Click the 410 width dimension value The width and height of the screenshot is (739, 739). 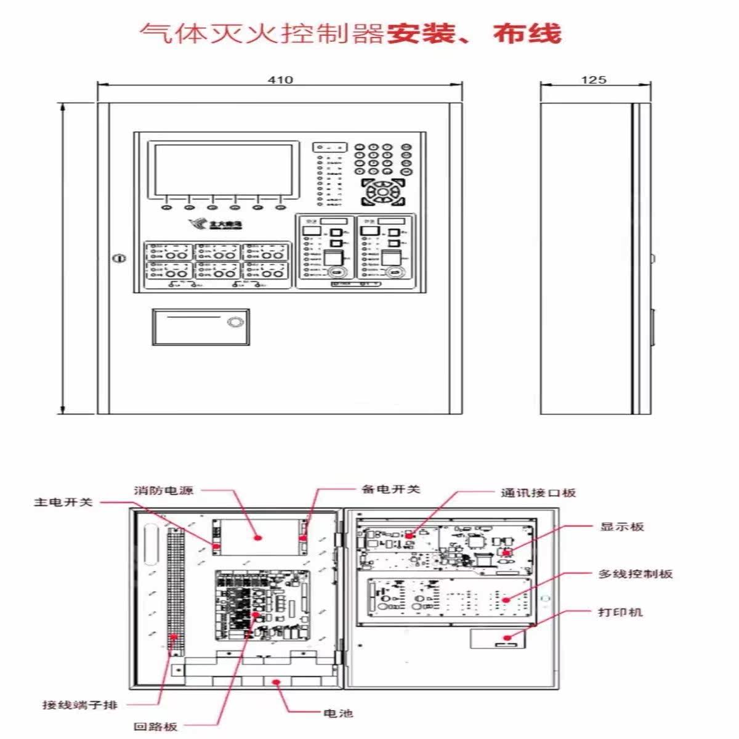point(280,79)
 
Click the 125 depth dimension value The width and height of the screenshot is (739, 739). point(593,79)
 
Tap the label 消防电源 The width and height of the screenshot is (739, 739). point(163,491)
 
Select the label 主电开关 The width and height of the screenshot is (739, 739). point(63,503)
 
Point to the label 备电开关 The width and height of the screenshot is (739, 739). point(390,490)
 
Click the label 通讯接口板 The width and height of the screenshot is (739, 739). point(538,493)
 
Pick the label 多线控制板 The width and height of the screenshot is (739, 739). point(636,574)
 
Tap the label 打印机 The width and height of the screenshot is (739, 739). point(620,612)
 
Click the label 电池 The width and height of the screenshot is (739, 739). point(338,713)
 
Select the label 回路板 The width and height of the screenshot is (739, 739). point(155,727)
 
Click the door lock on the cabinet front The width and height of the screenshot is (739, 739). point(119,258)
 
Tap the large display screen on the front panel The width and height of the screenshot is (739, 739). point(222,169)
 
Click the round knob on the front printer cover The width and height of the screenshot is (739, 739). point(235,322)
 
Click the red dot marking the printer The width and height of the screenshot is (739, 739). point(507,638)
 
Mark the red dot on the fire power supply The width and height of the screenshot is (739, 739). point(259,537)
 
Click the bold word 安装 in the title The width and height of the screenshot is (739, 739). point(421,33)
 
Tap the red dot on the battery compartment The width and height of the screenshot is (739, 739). point(277,682)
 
